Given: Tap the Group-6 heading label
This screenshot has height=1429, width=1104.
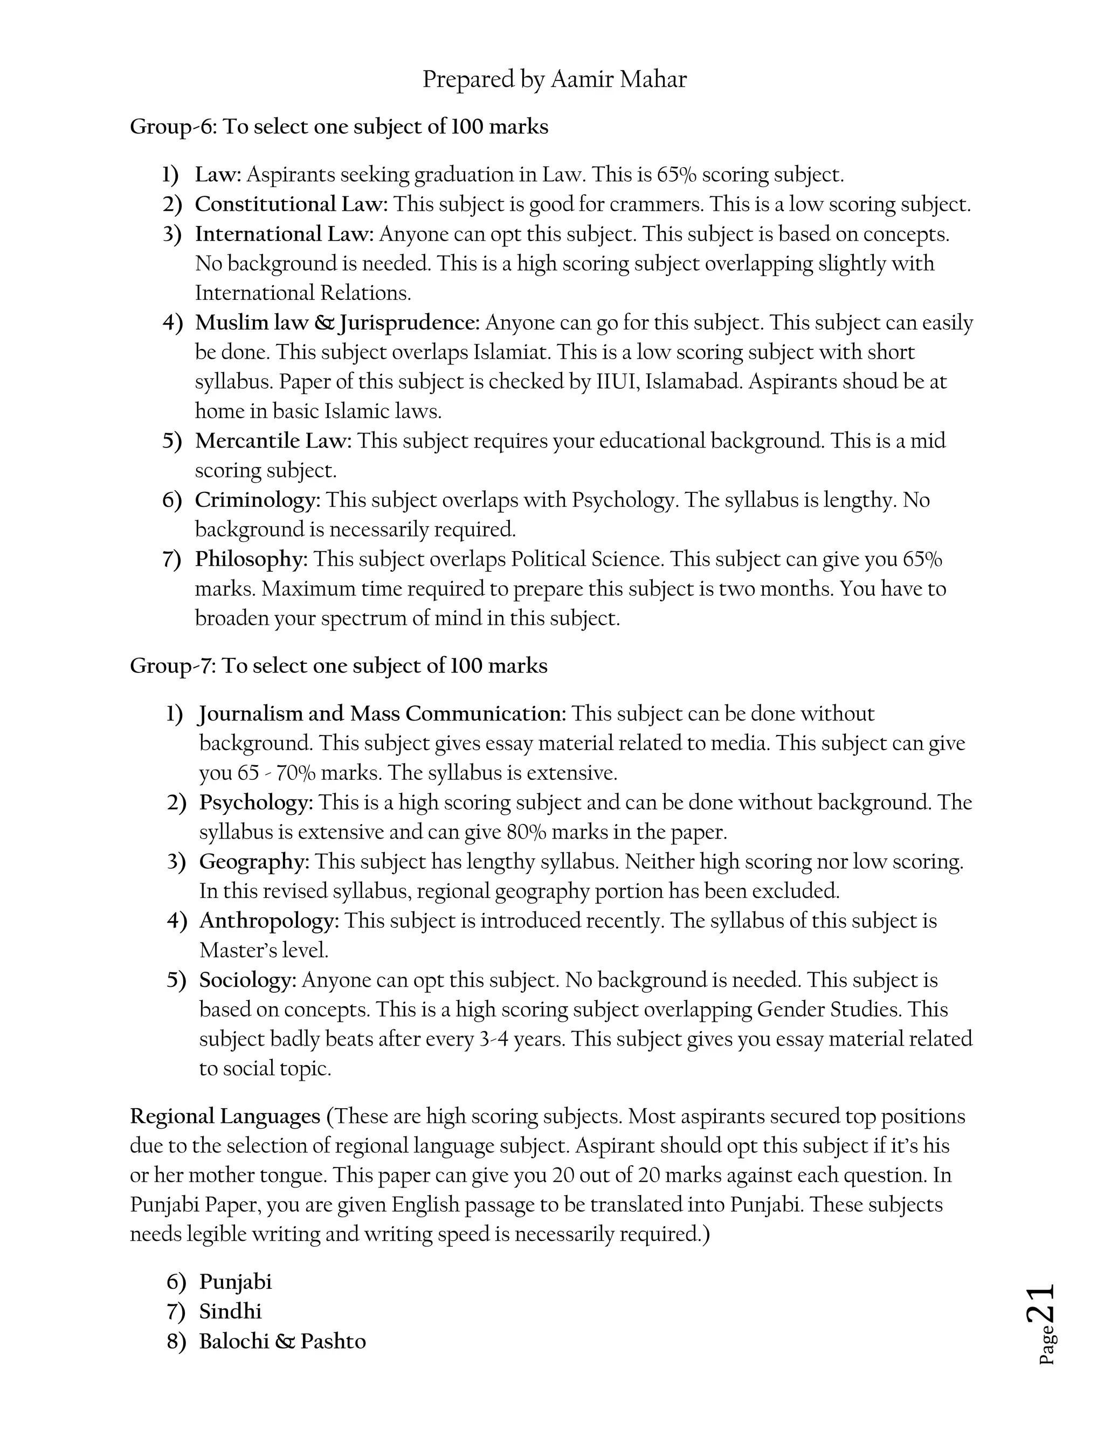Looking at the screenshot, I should [172, 126].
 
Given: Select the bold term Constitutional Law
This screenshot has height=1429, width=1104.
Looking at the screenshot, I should [291, 205].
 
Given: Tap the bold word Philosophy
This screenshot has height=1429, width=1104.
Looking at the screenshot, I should [251, 559].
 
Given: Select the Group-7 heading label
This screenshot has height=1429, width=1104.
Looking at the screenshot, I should [172, 666].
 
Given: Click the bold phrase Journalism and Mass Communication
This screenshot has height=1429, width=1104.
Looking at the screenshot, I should [383, 714].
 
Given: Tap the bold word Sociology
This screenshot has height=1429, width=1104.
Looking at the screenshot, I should [248, 980].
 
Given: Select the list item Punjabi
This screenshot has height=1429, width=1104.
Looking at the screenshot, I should [235, 1282].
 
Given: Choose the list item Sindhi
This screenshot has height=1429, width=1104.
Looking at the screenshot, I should [230, 1312].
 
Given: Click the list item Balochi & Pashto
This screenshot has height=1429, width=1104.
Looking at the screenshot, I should [282, 1341].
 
